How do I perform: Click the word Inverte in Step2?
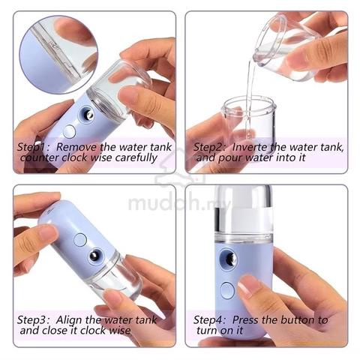250,147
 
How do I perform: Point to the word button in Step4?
297,320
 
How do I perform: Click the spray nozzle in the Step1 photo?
87,115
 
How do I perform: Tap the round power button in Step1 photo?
70,131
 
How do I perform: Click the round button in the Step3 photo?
80,240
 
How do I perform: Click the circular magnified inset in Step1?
58,55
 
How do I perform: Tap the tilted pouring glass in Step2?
287,46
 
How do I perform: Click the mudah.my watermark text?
178,203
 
